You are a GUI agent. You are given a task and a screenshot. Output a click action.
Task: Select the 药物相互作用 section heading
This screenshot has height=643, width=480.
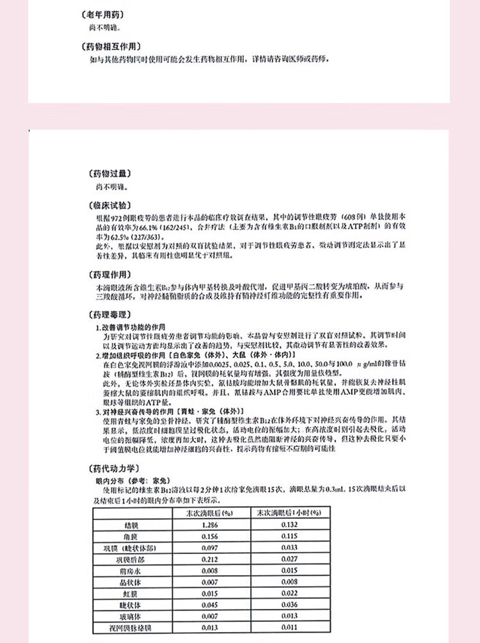[115, 46]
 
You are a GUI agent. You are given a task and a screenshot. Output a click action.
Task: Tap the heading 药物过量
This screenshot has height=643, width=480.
[106, 174]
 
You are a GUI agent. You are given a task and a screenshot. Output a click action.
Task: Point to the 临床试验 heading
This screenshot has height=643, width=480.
[106, 206]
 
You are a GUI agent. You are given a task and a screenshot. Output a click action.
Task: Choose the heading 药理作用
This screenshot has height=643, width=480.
[106, 274]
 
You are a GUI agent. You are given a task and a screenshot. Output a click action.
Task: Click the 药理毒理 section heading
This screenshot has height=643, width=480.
[106, 316]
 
